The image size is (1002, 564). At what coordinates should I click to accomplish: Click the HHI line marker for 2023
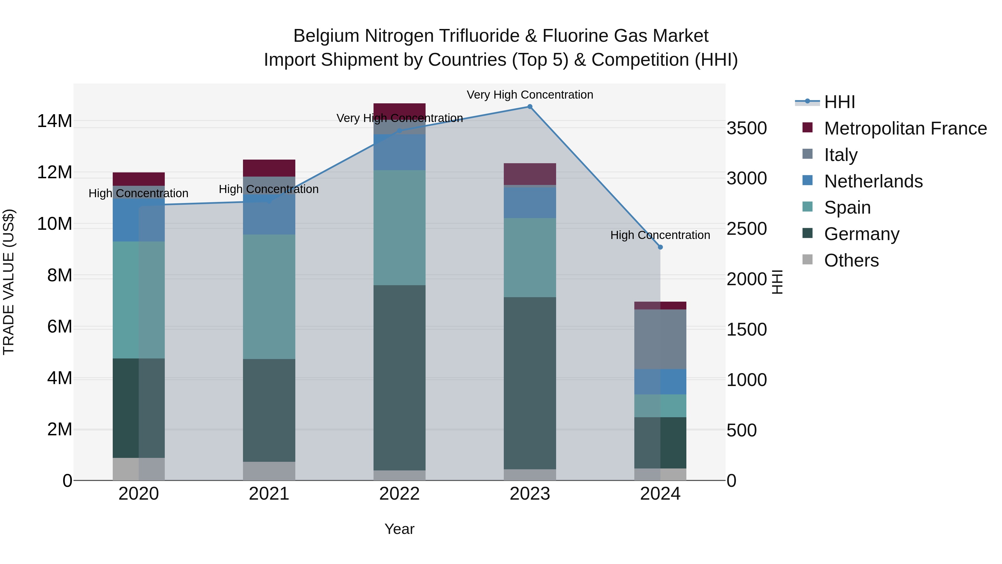[x=530, y=107]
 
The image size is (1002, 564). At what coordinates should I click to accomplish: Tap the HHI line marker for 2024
[x=660, y=247]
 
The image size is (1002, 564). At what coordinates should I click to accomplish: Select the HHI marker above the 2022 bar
[x=399, y=131]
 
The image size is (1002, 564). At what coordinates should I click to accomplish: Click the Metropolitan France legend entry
[x=905, y=128]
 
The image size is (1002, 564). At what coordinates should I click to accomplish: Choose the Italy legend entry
[x=841, y=155]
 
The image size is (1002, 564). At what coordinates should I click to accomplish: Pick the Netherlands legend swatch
[x=807, y=180]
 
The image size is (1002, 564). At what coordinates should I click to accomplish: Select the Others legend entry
[x=851, y=260]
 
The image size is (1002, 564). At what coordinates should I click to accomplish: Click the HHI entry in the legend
[x=839, y=102]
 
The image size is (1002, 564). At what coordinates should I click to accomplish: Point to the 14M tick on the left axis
[x=55, y=121]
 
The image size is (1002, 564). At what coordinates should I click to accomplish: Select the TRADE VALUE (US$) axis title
[x=9, y=282]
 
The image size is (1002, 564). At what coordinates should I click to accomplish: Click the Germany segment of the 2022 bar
[x=399, y=378]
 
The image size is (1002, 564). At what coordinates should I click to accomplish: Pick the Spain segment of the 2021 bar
[x=269, y=297]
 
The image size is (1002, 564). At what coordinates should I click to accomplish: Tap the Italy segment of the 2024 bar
[x=660, y=339]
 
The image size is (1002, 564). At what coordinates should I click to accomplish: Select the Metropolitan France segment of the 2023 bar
[x=530, y=174]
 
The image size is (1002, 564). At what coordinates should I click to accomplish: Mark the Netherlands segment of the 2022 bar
[x=399, y=152]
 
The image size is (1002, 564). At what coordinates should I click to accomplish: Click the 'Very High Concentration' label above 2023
[x=530, y=95]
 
